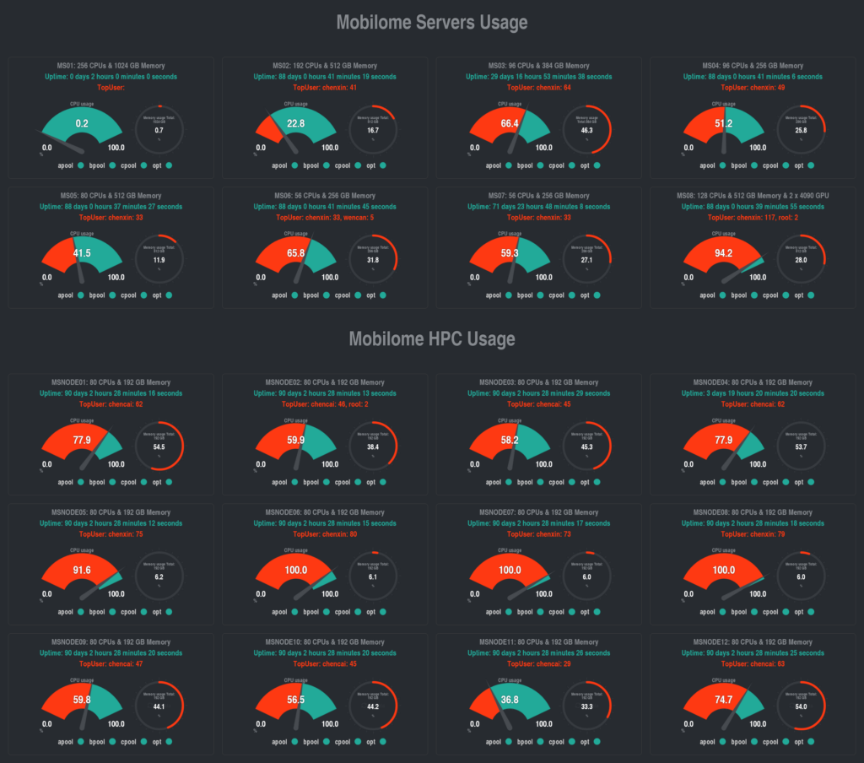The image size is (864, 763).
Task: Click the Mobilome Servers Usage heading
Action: [431, 23]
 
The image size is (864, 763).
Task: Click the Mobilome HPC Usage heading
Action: [431, 339]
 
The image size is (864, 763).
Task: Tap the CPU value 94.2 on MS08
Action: [723, 252]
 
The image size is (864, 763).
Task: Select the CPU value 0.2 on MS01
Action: [82, 123]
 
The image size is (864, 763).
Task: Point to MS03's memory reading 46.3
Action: [587, 131]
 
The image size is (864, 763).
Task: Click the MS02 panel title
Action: [325, 66]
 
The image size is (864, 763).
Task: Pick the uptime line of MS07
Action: [538, 207]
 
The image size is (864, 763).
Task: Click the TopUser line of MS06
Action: [325, 217]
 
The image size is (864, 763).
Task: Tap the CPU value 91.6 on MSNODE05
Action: [82, 570]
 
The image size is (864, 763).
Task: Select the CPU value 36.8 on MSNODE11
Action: [510, 700]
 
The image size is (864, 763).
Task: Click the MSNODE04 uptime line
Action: [753, 393]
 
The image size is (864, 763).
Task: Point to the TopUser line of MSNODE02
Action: [325, 404]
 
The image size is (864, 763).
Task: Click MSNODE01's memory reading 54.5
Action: [159, 446]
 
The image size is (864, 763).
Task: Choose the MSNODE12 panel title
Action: [753, 642]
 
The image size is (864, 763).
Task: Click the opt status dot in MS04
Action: [810, 166]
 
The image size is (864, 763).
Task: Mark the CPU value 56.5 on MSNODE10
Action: [296, 700]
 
